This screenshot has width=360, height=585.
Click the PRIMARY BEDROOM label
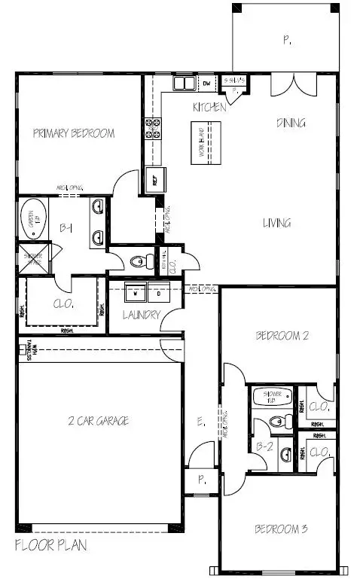tap(74, 133)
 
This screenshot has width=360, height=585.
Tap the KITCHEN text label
tap(209, 108)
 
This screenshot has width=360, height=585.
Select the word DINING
tap(291, 123)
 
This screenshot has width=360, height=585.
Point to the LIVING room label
tap(277, 223)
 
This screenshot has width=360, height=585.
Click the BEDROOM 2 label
tap(282, 336)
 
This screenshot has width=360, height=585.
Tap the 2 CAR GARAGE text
tap(97, 420)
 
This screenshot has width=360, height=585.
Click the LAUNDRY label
tap(141, 315)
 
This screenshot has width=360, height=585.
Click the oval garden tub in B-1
tap(32, 219)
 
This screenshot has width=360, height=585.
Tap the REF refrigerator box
tap(159, 181)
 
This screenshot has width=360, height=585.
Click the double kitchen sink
tap(184, 83)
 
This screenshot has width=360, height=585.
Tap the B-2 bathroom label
tap(264, 446)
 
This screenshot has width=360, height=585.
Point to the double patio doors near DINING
tap(291, 83)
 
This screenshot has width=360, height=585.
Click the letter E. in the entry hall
tap(200, 424)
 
